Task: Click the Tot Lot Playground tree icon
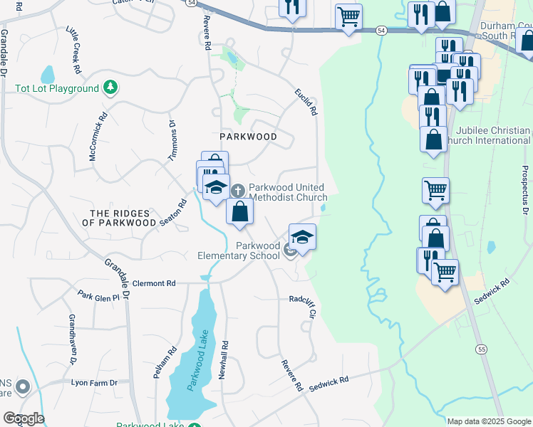coord(110,88)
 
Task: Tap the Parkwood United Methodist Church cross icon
coord(238,191)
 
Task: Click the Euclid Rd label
coord(305,102)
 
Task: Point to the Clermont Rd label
coord(153,283)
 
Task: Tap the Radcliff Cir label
coord(303,305)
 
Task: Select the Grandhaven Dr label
coord(72,340)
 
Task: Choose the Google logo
coord(24,418)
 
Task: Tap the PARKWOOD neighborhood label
coord(247,135)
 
